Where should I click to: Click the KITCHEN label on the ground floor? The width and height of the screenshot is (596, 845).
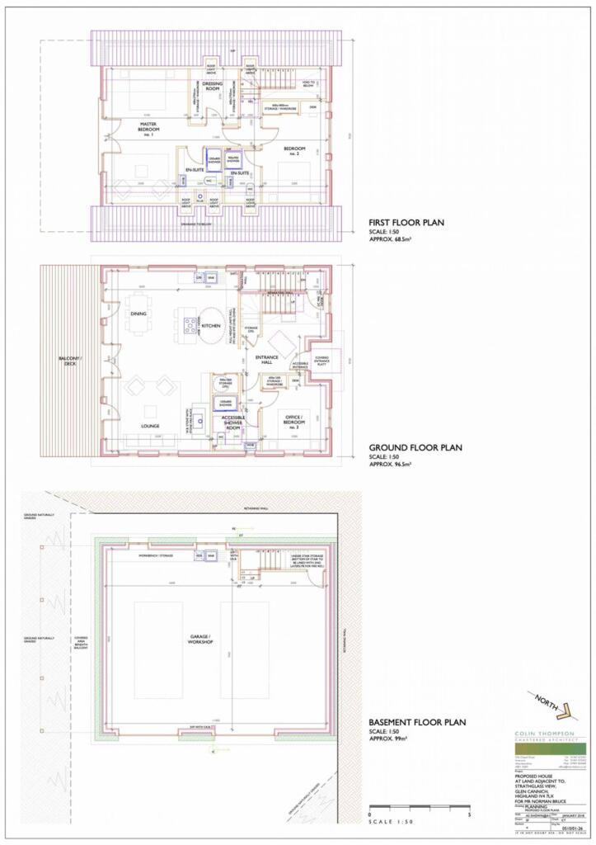tap(212, 328)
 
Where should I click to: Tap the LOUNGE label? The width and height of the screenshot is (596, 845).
tap(149, 426)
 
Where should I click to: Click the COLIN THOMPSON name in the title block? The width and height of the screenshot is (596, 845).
tap(545, 731)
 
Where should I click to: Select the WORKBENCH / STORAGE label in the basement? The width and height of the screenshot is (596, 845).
tap(150, 556)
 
